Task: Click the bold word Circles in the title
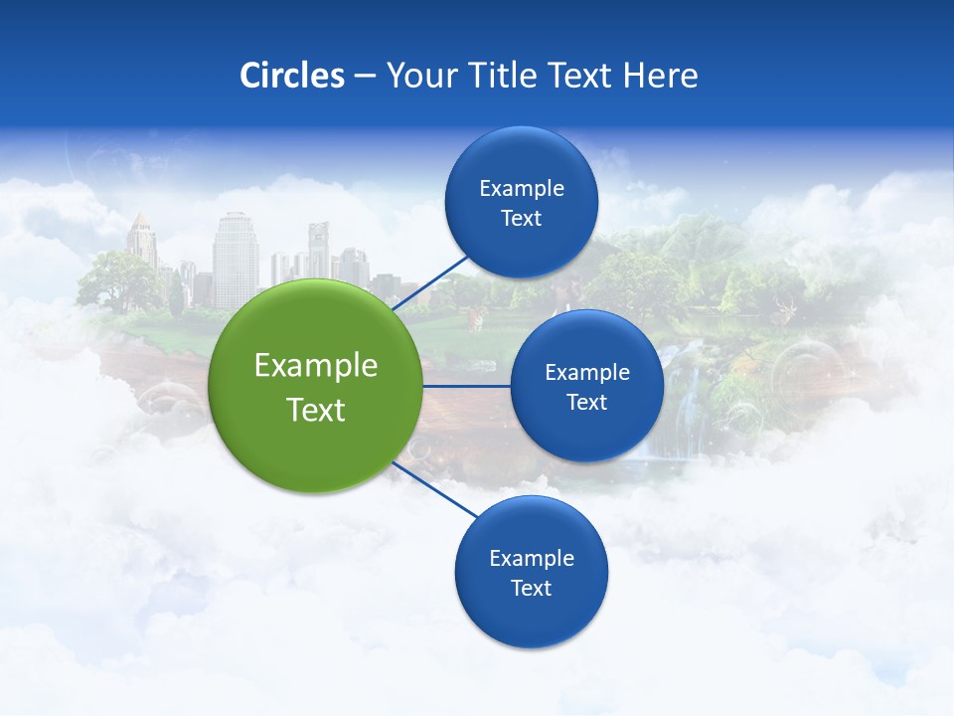point(291,76)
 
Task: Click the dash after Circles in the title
point(365,77)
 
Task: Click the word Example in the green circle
point(316,366)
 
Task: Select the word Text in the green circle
point(316,410)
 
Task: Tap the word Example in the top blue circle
point(522,189)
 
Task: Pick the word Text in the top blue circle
point(522,219)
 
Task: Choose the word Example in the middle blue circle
point(587,373)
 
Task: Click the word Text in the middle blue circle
point(587,403)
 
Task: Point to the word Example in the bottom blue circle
point(532,559)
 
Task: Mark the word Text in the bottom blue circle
point(532,589)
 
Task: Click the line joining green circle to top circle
point(429,282)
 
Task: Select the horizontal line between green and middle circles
point(466,386)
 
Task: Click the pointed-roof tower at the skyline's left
point(141,239)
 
